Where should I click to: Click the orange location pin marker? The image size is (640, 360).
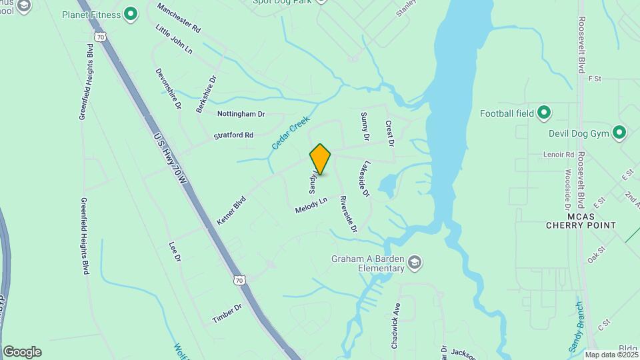[320, 159]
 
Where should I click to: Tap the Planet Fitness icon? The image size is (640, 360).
[131, 13]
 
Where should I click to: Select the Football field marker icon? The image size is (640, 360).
[544, 113]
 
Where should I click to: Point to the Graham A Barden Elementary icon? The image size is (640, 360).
[415, 261]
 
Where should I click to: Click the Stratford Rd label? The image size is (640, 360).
[233, 135]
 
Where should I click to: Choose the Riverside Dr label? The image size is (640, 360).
[348, 215]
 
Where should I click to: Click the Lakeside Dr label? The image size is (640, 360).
[364, 179]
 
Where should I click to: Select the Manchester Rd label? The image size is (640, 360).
[179, 18]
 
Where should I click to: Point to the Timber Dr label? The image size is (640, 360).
[227, 313]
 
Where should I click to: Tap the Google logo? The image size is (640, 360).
[22, 352]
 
